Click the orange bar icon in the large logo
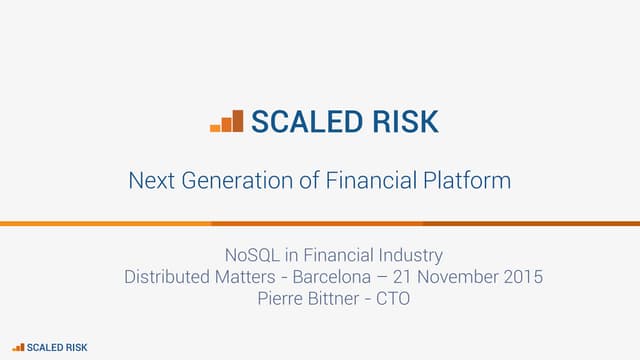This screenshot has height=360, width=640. coord(227,122)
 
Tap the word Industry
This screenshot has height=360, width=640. coord(408,256)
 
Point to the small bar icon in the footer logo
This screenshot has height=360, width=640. coord(19,346)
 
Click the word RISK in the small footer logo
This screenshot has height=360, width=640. coord(75,346)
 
